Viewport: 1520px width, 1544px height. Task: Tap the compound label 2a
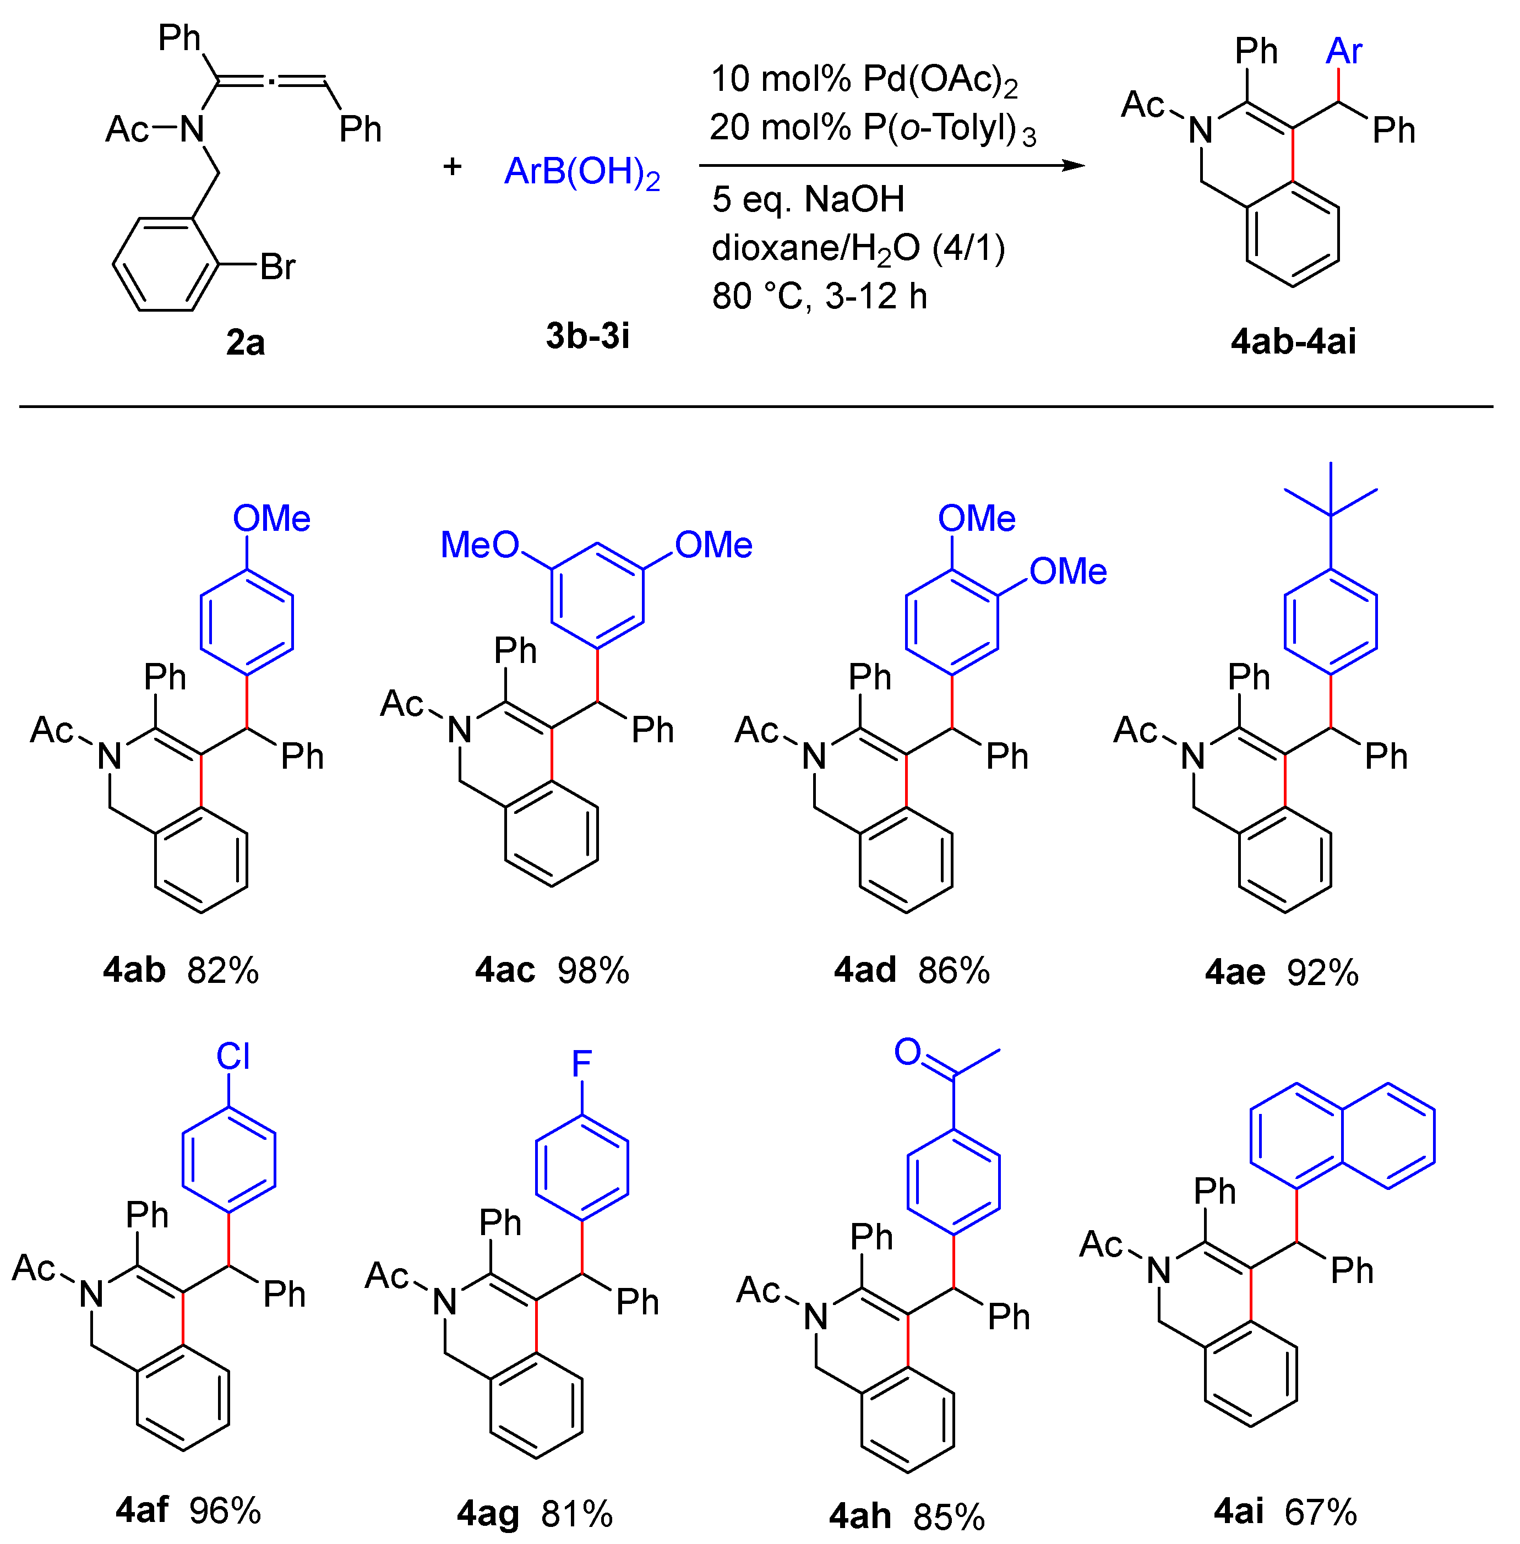click(x=245, y=342)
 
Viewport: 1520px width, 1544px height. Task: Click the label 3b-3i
click(x=587, y=336)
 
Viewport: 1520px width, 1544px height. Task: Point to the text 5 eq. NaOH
click(x=808, y=199)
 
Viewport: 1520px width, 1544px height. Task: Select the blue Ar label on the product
click(x=1344, y=52)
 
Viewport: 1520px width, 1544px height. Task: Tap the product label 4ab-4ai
click(x=1293, y=342)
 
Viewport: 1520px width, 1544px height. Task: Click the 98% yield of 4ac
click(x=593, y=971)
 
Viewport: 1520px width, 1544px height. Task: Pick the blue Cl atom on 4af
click(x=233, y=1057)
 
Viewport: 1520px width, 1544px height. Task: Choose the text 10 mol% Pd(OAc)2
click(x=864, y=80)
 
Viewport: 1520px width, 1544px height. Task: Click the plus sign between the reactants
click(x=453, y=166)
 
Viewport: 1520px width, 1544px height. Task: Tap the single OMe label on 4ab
click(x=271, y=519)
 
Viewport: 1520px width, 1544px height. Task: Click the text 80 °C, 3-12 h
click(x=819, y=296)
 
